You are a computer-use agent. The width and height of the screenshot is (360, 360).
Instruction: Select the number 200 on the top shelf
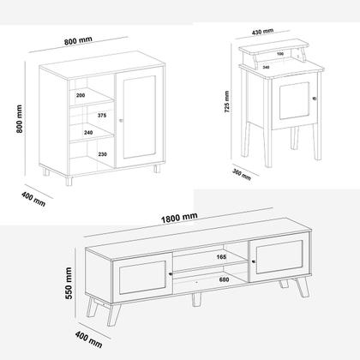(80, 96)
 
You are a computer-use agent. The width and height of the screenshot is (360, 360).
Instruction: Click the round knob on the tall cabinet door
(123, 121)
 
